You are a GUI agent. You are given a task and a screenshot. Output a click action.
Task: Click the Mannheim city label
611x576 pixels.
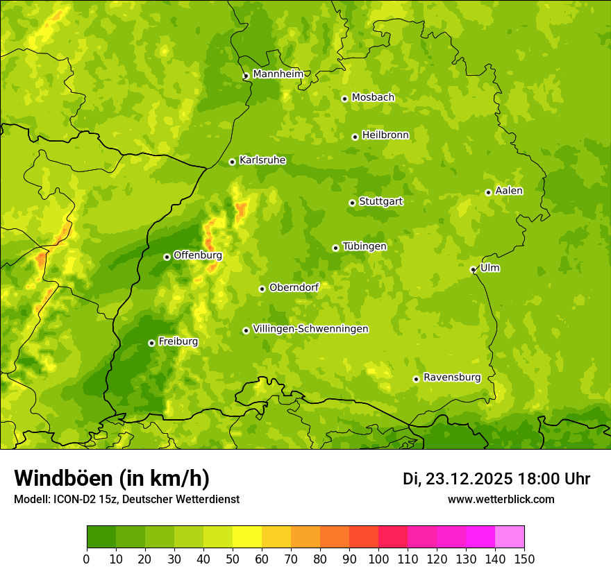pos(278,74)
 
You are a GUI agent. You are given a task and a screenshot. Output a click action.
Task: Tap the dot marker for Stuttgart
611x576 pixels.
pos(353,203)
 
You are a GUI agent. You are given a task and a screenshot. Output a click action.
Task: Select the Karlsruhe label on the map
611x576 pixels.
pos(262,160)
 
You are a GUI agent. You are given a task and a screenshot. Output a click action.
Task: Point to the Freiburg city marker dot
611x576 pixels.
pos(151,343)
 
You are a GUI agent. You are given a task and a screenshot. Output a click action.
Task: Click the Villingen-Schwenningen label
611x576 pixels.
pos(310,329)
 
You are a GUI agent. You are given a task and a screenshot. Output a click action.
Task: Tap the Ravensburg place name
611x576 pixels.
pos(452,378)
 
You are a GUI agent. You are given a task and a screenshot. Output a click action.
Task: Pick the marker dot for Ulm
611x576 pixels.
pos(473,269)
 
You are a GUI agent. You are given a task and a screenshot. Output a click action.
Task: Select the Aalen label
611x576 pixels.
pos(509,191)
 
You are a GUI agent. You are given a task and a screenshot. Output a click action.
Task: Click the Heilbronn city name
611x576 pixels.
pos(385,135)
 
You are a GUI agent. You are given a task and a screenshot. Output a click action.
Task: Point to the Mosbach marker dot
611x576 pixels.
pos(344,99)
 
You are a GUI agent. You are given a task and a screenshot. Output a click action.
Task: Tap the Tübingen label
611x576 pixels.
pos(365,246)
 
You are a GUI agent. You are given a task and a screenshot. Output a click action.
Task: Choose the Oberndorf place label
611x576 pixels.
pos(294,287)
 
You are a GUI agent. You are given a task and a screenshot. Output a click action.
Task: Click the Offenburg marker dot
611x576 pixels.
pos(167,257)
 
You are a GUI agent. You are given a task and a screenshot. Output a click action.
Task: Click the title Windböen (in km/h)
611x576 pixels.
pos(112,478)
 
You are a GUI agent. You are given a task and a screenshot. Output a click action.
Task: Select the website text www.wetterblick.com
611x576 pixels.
pos(501,499)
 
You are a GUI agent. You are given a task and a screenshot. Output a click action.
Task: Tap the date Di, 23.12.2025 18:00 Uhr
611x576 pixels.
pos(496,479)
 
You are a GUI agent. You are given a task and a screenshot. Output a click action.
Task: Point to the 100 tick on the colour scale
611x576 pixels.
pos(378,559)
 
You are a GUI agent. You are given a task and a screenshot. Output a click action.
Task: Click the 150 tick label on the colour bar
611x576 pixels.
pos(524,559)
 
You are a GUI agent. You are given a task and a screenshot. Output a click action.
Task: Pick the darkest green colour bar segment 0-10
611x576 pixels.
pos(101,536)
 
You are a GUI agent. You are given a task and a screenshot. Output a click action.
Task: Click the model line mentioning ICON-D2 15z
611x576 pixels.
pos(126,499)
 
